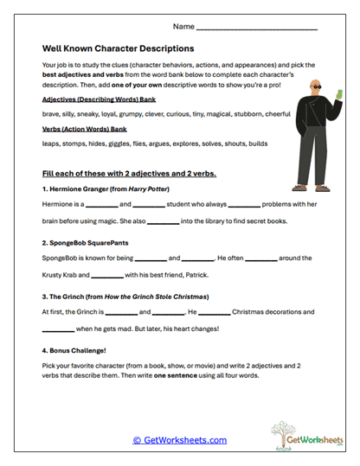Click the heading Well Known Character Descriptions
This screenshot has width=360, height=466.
[x=118, y=48]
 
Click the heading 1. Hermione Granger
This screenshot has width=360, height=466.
[x=105, y=188]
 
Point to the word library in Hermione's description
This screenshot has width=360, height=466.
[x=215, y=221]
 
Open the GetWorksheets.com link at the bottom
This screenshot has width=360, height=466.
[x=179, y=440]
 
